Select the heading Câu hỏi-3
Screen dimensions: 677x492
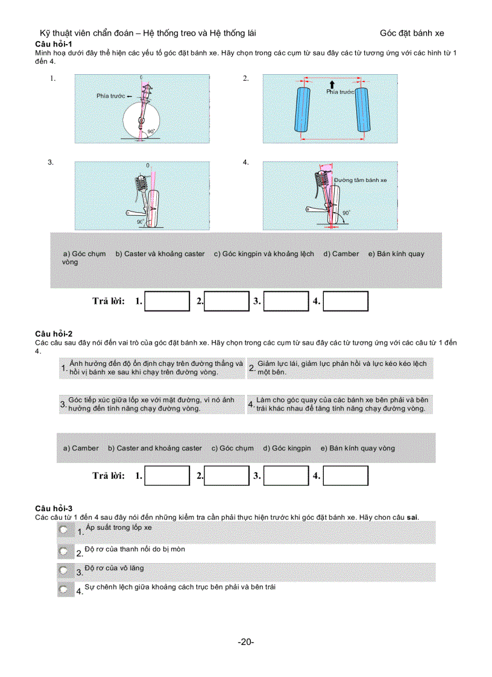pyautogui.click(x=54, y=509)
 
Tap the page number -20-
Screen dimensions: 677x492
pyautogui.click(x=245, y=642)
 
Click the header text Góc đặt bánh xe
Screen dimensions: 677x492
pyautogui.click(x=412, y=34)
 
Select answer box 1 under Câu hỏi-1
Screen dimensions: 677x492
pyautogui.click(x=168, y=301)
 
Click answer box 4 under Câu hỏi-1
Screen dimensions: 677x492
pyautogui.click(x=345, y=301)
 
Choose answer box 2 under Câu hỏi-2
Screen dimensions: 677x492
pyautogui.click(x=227, y=476)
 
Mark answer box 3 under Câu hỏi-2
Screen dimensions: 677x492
pyautogui.click(x=286, y=476)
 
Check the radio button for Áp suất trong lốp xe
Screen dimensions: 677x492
pyautogui.click(x=64, y=530)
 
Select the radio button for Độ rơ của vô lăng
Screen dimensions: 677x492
pyautogui.click(x=64, y=570)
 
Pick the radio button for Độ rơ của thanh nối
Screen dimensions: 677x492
pyautogui.click(x=64, y=551)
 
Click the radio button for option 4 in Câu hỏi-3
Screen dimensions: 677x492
pyautogui.click(x=64, y=588)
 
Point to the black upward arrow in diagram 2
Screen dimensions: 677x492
pyautogui.click(x=331, y=84)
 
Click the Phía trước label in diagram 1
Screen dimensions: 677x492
pyautogui.click(x=110, y=96)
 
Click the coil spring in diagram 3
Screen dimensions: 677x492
pyautogui.click(x=142, y=182)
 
